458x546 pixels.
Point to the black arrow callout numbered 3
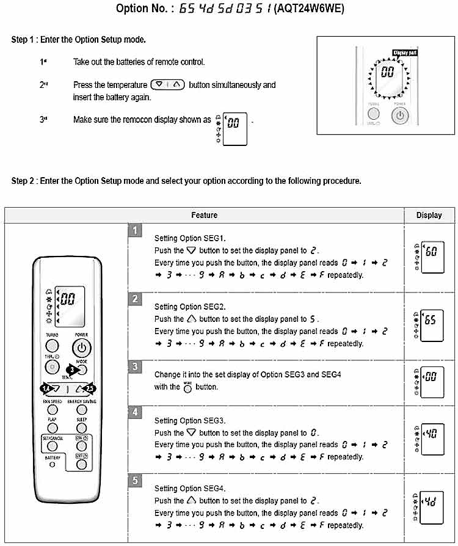[72, 369]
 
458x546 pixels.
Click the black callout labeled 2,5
[90, 388]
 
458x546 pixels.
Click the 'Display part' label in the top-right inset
[405, 53]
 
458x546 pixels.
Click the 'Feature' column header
[204, 215]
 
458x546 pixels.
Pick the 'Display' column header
[429, 215]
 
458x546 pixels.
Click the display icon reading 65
[429, 320]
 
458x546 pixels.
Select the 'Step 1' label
[23, 40]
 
